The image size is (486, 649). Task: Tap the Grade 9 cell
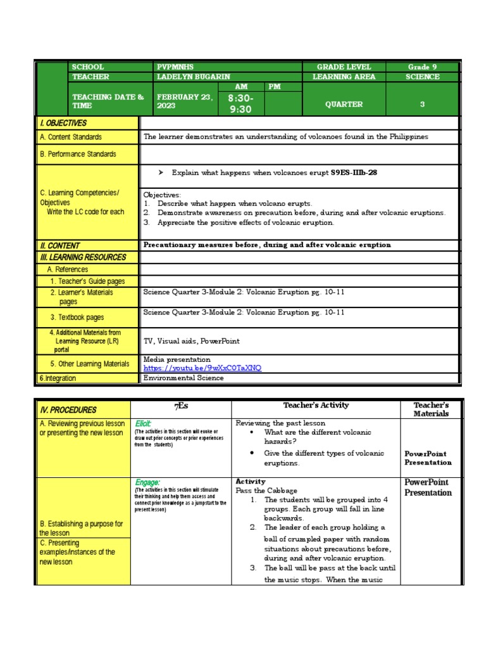tap(422, 67)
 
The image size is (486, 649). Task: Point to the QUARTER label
tap(344, 105)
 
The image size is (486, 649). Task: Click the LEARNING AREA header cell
tap(344, 77)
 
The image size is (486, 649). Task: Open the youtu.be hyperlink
tap(202, 368)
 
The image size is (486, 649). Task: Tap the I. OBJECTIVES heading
tap(63, 123)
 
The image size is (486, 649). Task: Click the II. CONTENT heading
tap(59, 245)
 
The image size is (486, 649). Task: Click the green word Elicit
tap(143, 423)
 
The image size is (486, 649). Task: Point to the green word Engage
tap(146, 482)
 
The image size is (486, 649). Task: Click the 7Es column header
tap(181, 406)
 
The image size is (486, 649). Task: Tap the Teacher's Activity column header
tap(316, 405)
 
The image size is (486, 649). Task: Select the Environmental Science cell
tap(184, 378)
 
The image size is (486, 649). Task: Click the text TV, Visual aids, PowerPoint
tap(192, 341)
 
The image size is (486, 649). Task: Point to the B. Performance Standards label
tap(78, 154)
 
